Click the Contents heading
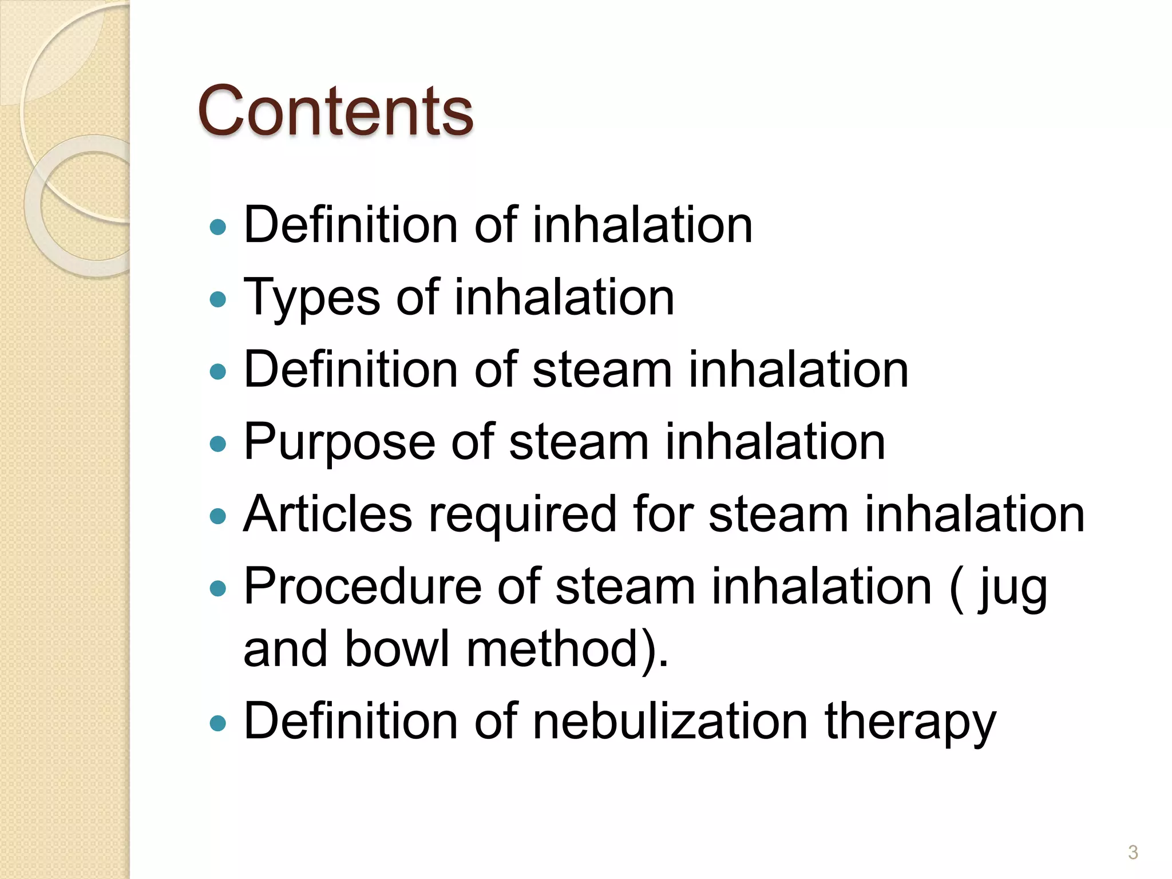click(335, 111)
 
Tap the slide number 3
click(1133, 852)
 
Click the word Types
click(312, 298)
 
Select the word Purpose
click(339, 442)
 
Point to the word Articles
click(327, 513)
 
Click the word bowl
click(397, 649)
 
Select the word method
click(552, 649)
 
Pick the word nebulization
click(670, 721)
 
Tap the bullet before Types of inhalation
click(218, 299)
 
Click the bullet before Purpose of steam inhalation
click(218, 444)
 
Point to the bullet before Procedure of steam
click(218, 588)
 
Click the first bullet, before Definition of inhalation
click(218, 227)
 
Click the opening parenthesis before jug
click(956, 587)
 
